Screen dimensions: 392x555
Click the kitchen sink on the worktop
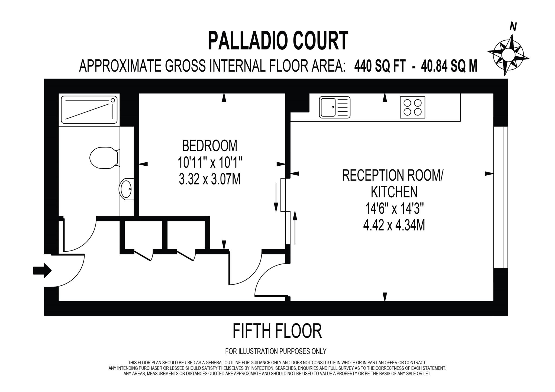[x=334, y=107]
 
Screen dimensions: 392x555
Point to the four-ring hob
[x=412, y=107]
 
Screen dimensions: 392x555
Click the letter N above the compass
[x=513, y=27]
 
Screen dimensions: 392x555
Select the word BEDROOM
[x=209, y=146]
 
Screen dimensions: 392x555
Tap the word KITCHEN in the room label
[x=394, y=192]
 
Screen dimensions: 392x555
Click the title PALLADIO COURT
[x=278, y=41]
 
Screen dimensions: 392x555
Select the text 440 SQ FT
[x=380, y=66]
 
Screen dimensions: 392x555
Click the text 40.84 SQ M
[x=449, y=66]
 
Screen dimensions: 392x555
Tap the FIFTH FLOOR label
[x=277, y=331]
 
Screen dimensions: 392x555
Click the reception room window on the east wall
[x=500, y=197]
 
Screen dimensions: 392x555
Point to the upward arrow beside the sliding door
[x=295, y=228]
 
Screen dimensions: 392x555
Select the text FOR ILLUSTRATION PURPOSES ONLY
[x=276, y=351]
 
